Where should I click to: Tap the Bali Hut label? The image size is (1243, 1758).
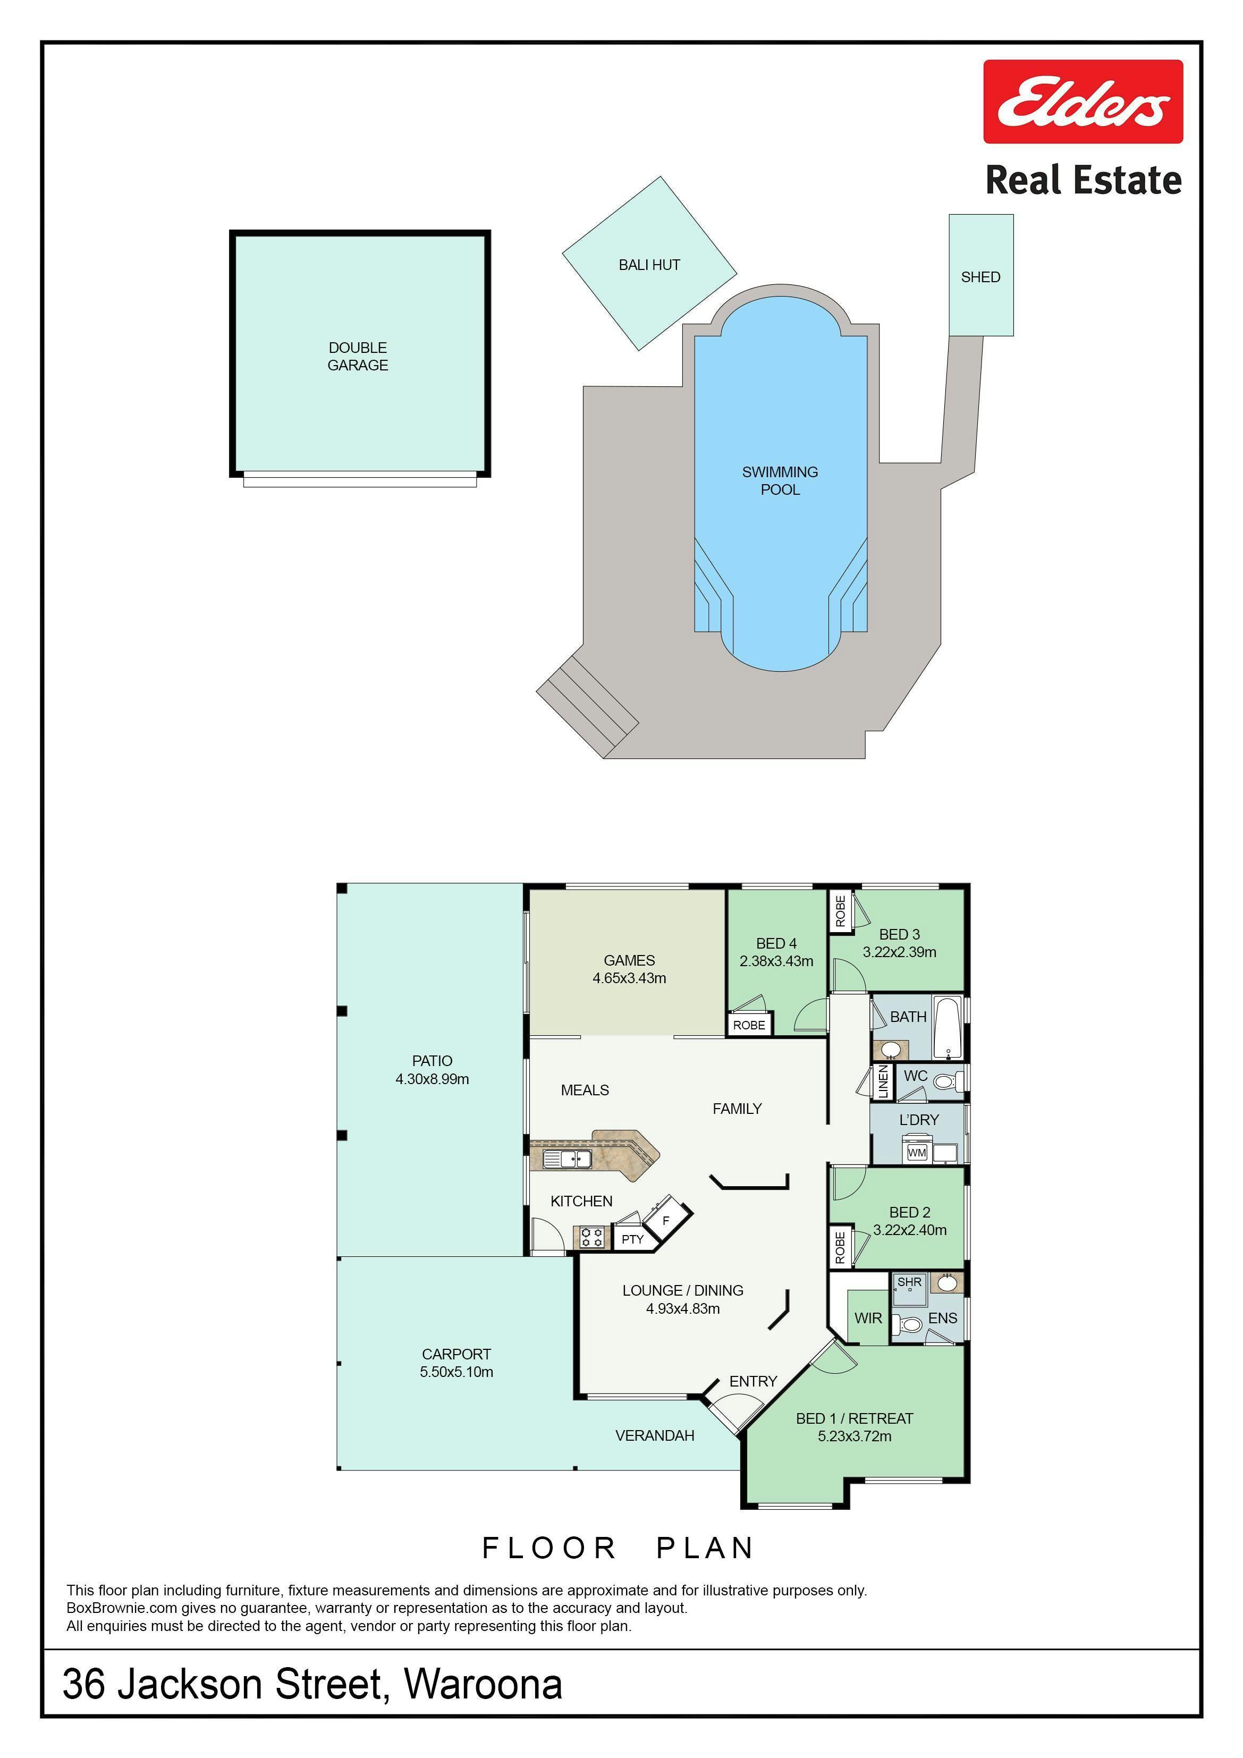tap(649, 265)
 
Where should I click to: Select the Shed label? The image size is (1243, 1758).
tap(980, 277)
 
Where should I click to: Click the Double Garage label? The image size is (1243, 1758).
tap(358, 357)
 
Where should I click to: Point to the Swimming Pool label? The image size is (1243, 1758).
tap(780, 481)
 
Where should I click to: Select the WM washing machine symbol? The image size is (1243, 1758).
tap(917, 1152)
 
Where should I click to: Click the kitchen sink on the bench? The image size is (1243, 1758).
tap(566, 1159)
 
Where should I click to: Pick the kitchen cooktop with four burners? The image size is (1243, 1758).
tap(591, 1237)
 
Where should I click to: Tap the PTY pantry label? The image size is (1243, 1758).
tap(632, 1239)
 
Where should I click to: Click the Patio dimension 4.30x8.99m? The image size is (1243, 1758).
tap(432, 1079)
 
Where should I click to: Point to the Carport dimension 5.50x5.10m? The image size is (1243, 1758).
tap(456, 1371)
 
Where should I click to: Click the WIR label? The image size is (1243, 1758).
tap(868, 1318)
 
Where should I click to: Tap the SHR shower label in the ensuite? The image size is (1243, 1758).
tap(910, 1282)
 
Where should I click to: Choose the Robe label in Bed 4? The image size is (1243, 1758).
tap(749, 1025)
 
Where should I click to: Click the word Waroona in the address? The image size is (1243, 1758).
tap(483, 1684)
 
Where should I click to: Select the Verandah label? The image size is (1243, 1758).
tap(655, 1435)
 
